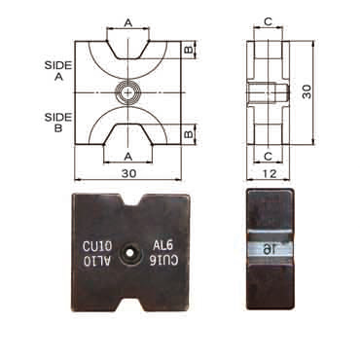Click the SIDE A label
[58, 71]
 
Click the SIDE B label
[58, 123]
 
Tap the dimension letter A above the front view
[128, 23]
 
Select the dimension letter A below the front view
[128, 157]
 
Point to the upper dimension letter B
[189, 50]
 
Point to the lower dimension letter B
[189, 133]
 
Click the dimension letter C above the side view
[269, 21]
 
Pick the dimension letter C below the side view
[269, 157]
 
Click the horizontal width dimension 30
[128, 173]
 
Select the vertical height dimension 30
[306, 91]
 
